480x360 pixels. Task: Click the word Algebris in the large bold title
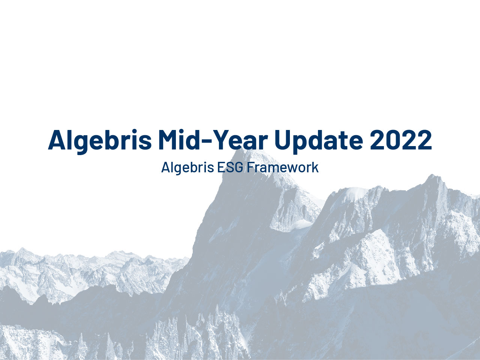point(100,140)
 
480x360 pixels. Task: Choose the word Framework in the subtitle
point(282,167)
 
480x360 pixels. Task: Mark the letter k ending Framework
point(316,167)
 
